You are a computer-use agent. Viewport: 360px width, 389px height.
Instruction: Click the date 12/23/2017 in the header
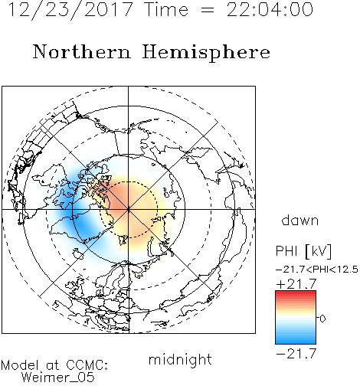(x=70, y=10)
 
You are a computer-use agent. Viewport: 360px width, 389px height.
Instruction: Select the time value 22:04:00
(x=270, y=9)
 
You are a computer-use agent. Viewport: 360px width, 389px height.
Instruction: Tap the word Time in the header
(x=166, y=9)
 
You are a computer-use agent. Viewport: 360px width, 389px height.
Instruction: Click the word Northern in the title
(x=82, y=51)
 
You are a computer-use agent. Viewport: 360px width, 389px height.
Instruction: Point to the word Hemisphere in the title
(x=206, y=53)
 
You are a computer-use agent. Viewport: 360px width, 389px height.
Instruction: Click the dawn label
(x=300, y=220)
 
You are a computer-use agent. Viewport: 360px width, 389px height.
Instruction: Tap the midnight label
(x=180, y=359)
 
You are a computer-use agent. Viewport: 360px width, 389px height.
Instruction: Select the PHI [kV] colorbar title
(x=303, y=251)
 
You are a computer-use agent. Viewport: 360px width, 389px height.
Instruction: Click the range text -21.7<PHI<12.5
(x=317, y=270)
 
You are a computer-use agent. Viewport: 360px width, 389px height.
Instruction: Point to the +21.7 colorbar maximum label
(x=296, y=284)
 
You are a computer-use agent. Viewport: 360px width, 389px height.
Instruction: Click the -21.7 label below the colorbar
(x=296, y=354)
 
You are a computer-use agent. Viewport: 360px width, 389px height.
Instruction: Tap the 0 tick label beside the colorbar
(x=322, y=319)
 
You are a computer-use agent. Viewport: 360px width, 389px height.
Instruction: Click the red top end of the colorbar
(x=296, y=293)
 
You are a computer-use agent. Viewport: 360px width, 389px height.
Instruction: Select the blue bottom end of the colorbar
(x=296, y=342)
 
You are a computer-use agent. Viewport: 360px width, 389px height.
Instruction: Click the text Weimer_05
(x=58, y=377)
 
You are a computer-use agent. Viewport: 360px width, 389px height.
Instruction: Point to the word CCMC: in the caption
(x=87, y=365)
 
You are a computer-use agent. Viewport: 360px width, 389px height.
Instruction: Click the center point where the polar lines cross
(x=129, y=210)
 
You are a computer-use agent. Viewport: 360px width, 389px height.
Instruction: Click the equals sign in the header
(x=208, y=11)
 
